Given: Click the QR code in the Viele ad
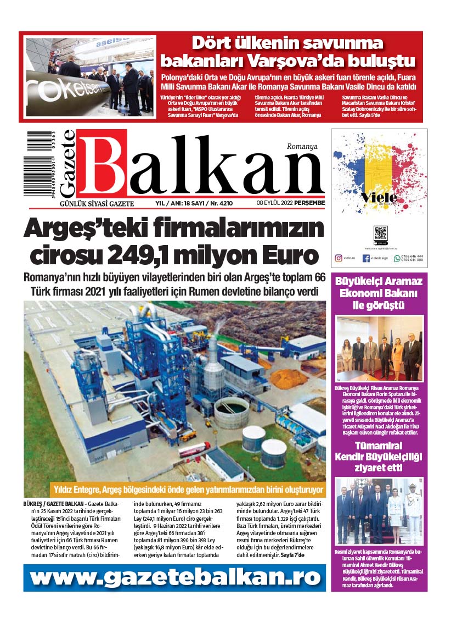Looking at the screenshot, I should click(380, 232).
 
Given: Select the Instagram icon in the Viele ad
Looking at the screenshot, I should click(338, 257).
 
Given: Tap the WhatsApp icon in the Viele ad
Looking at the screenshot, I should click(397, 258).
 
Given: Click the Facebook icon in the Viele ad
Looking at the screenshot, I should click(366, 258).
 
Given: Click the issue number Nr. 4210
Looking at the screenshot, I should click(220, 203).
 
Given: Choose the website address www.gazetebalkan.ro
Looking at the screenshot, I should click(174, 577).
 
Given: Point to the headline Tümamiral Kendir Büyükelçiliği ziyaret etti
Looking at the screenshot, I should click(379, 456).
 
